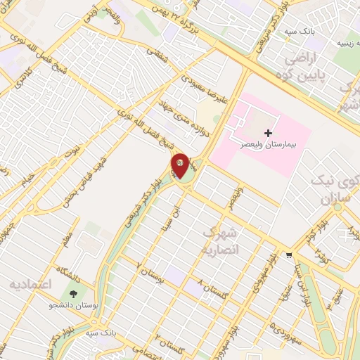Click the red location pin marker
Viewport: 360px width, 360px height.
[181, 165]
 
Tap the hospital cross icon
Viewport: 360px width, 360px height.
[267, 132]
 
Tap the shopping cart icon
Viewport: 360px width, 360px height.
[288, 255]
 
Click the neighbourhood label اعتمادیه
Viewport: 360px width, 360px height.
[30, 284]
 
